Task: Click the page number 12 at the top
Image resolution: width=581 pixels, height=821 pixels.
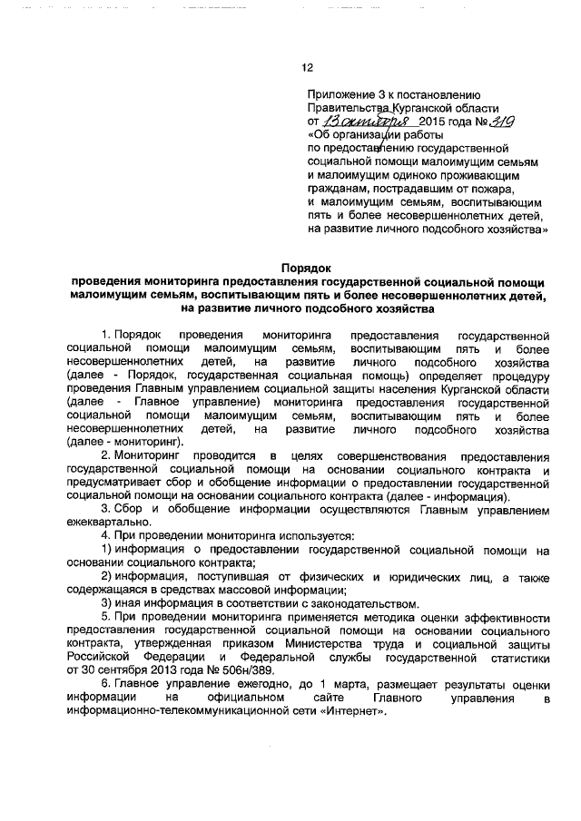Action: pyautogui.click(x=307, y=66)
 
